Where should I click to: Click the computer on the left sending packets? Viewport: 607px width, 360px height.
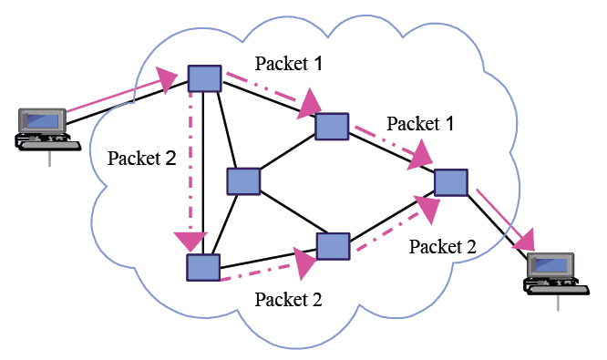click(x=41, y=129)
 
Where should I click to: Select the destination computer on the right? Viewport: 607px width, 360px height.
click(x=553, y=273)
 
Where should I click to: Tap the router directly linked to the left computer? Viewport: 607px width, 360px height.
click(x=204, y=79)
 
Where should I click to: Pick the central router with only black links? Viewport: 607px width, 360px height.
click(x=244, y=181)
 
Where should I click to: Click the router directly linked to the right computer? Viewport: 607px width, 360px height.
click(x=450, y=181)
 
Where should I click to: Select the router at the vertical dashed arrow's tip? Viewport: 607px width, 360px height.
click(x=202, y=267)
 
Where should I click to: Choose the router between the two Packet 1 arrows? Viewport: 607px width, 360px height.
click(x=332, y=126)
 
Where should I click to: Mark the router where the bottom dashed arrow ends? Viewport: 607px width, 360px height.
click(x=333, y=246)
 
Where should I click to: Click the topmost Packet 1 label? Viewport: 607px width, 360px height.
click(x=288, y=63)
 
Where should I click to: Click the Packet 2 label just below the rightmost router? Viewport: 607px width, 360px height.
click(x=443, y=245)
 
